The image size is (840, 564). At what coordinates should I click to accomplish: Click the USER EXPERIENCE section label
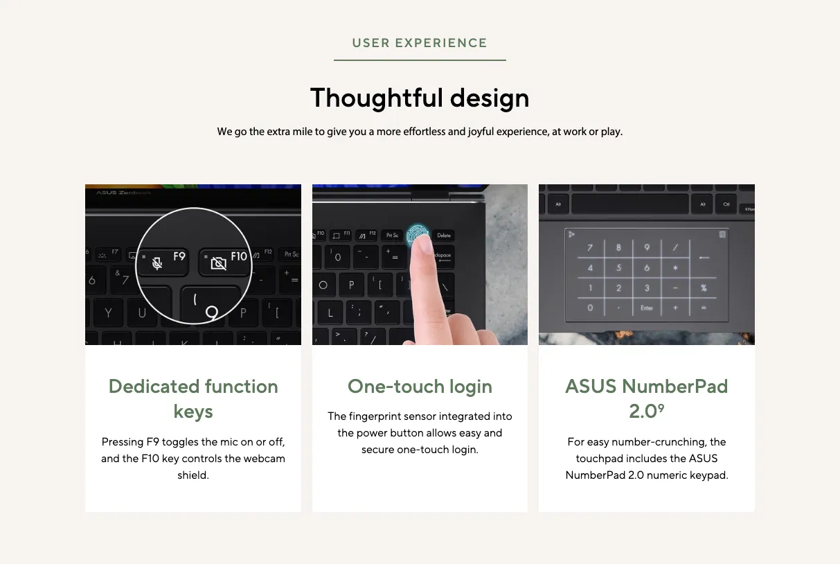click(420, 43)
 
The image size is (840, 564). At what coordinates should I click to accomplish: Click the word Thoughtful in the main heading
click(377, 98)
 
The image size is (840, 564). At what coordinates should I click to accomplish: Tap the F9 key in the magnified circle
click(163, 261)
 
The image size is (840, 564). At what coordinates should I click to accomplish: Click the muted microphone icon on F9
click(157, 263)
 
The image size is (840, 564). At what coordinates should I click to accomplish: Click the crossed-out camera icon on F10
click(219, 263)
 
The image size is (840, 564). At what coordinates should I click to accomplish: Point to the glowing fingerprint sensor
click(417, 234)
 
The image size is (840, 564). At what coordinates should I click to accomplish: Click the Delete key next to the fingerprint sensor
click(444, 236)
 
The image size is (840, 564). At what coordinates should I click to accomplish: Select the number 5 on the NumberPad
click(618, 268)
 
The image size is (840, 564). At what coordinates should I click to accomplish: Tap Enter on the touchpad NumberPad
click(647, 308)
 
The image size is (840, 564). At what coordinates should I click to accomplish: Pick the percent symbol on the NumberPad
click(704, 288)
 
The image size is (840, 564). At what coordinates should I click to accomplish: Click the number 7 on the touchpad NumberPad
click(590, 247)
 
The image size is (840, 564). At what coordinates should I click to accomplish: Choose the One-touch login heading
click(420, 386)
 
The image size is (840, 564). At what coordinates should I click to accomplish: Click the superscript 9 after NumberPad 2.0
click(661, 407)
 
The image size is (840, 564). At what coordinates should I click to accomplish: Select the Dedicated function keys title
click(193, 398)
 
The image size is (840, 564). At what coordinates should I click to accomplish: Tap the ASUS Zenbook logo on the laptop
click(123, 193)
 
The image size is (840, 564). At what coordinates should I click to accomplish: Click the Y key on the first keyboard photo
click(108, 312)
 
